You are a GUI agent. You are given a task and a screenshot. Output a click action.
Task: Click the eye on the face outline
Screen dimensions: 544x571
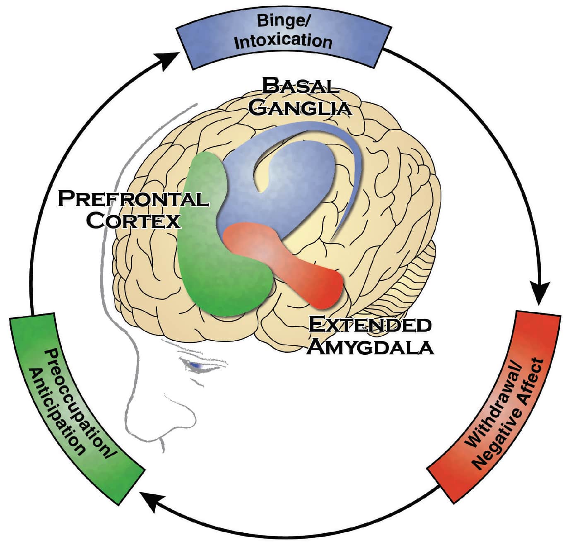195,365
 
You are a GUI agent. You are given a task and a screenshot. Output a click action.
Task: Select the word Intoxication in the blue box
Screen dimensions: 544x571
284,41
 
